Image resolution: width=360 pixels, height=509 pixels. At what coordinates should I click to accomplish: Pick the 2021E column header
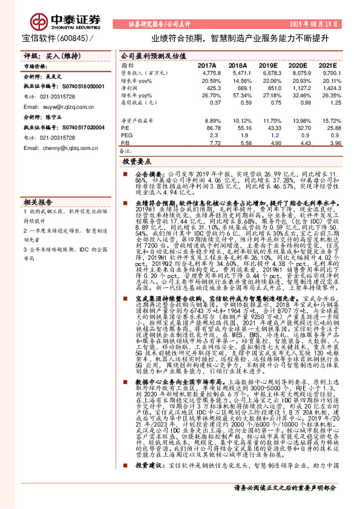[327, 65]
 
